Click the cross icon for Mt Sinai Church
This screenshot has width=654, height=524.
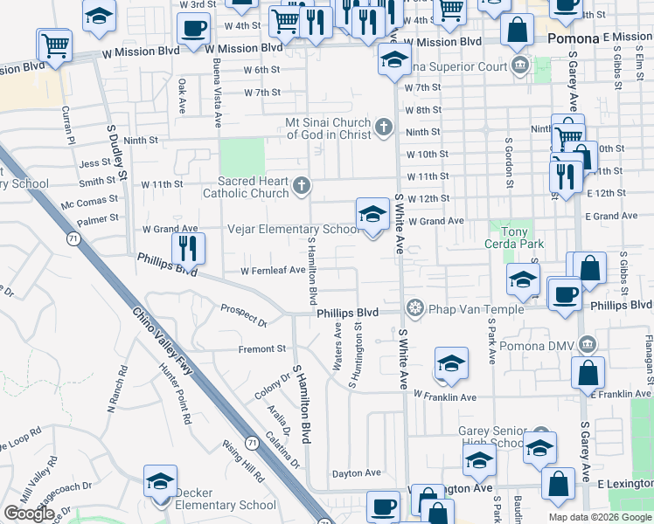pos(381,129)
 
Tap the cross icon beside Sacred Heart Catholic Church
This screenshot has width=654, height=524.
pos(302,185)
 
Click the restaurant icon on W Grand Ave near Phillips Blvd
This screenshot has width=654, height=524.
pos(188,248)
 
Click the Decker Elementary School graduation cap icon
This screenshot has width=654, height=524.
pos(162,481)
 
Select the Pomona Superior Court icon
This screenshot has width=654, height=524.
pos(521,65)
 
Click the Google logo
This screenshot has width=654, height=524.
pos(29,514)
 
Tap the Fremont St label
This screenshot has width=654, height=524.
pos(262,348)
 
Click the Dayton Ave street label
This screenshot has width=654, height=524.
pos(356,472)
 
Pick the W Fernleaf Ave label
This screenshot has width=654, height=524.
pos(273,271)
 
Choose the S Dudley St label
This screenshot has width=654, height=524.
pos(116,153)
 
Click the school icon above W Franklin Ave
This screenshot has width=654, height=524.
pos(450,364)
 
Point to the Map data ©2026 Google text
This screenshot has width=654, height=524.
pos(600,517)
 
